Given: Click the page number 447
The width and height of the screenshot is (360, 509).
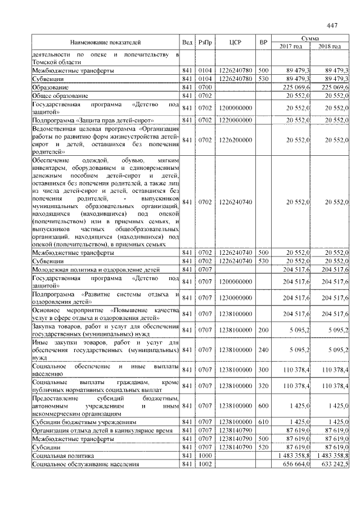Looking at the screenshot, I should (x=331, y=25).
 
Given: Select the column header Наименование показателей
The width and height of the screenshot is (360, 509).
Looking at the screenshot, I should (x=105, y=42).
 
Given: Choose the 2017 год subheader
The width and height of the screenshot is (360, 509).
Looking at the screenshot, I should (x=291, y=46).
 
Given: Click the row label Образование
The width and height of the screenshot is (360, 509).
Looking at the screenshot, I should (x=51, y=87).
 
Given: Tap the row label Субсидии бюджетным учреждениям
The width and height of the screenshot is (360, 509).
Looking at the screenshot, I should (x=83, y=421).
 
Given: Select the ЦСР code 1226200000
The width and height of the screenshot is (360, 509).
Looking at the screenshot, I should (x=235, y=139).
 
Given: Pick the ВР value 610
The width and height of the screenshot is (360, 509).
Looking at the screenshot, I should (x=263, y=421).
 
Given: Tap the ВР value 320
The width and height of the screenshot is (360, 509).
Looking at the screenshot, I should (x=263, y=386).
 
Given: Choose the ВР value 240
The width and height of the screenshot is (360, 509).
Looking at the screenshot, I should (x=263, y=349).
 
